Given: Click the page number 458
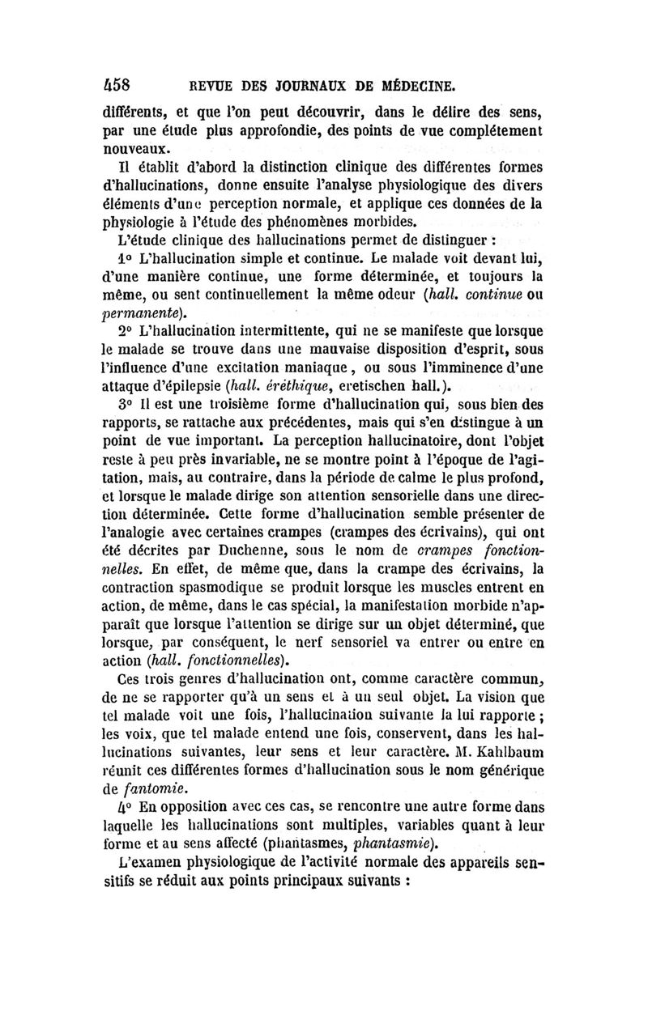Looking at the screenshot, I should (x=124, y=84).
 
